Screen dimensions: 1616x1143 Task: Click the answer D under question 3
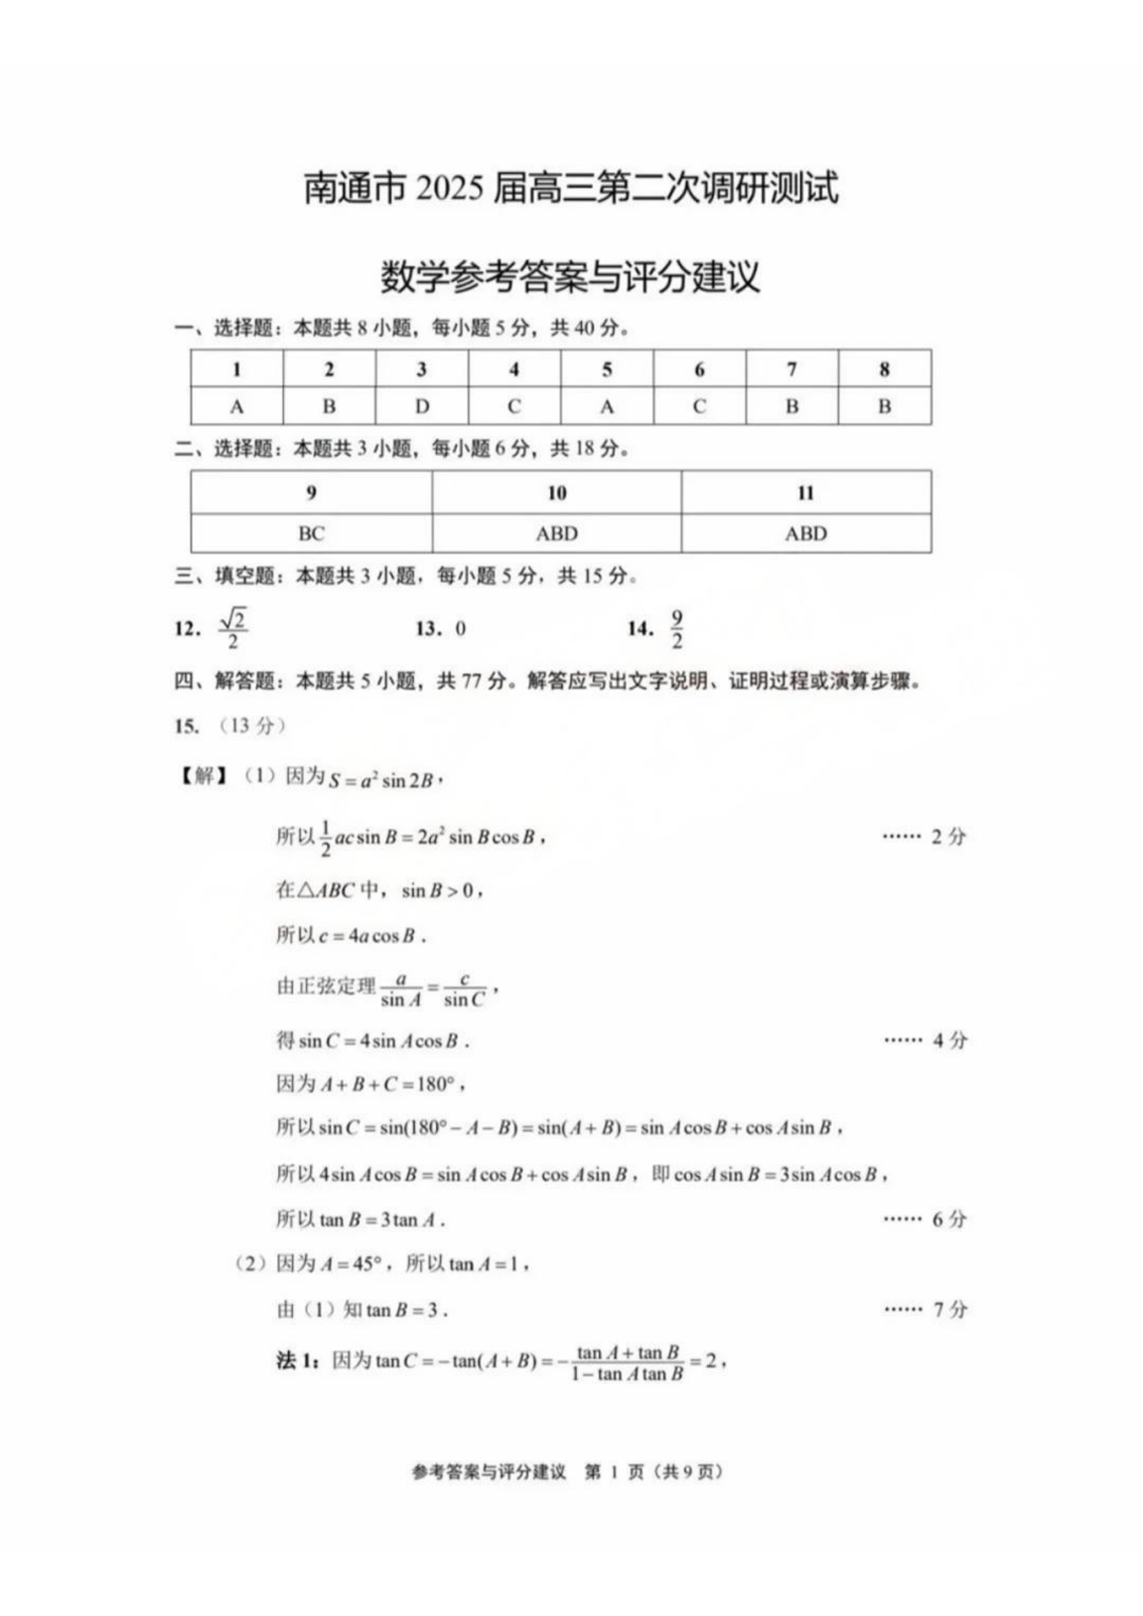[422, 407]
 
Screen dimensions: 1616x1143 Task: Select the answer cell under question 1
[236, 407]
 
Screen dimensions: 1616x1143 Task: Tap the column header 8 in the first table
[884, 369]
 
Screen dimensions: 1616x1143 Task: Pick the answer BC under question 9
[311, 533]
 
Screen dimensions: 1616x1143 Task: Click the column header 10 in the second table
[557, 493]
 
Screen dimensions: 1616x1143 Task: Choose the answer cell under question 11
[806, 533]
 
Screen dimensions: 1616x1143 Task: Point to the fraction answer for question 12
[233, 629]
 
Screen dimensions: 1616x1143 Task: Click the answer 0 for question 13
[460, 629]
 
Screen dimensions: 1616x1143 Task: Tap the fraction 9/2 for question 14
[677, 629]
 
